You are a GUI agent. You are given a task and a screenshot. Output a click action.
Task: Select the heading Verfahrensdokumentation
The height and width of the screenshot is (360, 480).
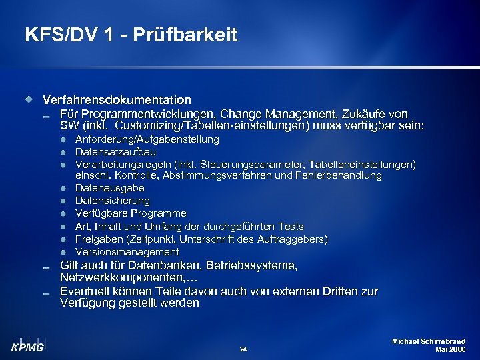tap(117, 100)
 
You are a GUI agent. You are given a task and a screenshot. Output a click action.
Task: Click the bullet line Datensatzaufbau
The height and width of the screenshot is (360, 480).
tap(115, 152)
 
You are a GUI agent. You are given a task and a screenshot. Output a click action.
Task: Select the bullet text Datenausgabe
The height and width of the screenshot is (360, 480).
tap(109, 188)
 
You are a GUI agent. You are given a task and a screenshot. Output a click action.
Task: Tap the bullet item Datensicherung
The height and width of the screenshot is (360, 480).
tap(113, 201)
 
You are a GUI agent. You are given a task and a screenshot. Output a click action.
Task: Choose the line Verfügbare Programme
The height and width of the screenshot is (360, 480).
tap(131, 213)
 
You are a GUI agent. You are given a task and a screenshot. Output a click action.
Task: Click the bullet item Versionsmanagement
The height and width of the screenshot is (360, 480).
tap(127, 252)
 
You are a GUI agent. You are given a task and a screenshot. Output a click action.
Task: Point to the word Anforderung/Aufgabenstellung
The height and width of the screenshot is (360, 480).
tap(147, 139)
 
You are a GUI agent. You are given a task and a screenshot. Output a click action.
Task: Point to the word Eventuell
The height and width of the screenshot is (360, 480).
tap(84, 291)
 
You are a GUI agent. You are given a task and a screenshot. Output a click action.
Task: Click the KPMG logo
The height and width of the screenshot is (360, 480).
tap(27, 343)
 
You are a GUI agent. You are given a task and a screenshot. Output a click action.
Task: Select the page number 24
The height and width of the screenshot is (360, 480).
tap(243, 348)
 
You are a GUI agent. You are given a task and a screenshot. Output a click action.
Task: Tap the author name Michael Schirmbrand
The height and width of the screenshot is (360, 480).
tap(429, 341)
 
